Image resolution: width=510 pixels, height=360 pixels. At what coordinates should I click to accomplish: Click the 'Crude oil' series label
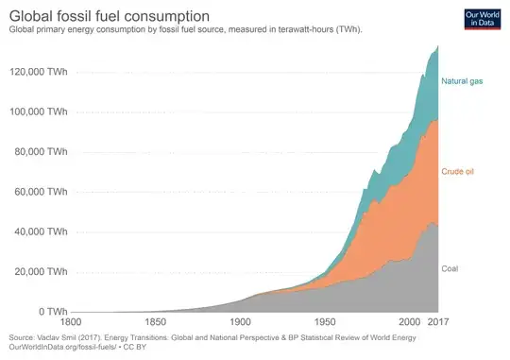460,172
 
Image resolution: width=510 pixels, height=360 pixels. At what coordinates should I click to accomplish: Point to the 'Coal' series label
452,268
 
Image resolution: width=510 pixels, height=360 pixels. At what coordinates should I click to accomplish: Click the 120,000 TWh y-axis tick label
38,72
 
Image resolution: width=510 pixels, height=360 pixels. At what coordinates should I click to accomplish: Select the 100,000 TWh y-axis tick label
38,111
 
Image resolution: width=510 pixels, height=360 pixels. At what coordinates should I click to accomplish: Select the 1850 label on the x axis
157,323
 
